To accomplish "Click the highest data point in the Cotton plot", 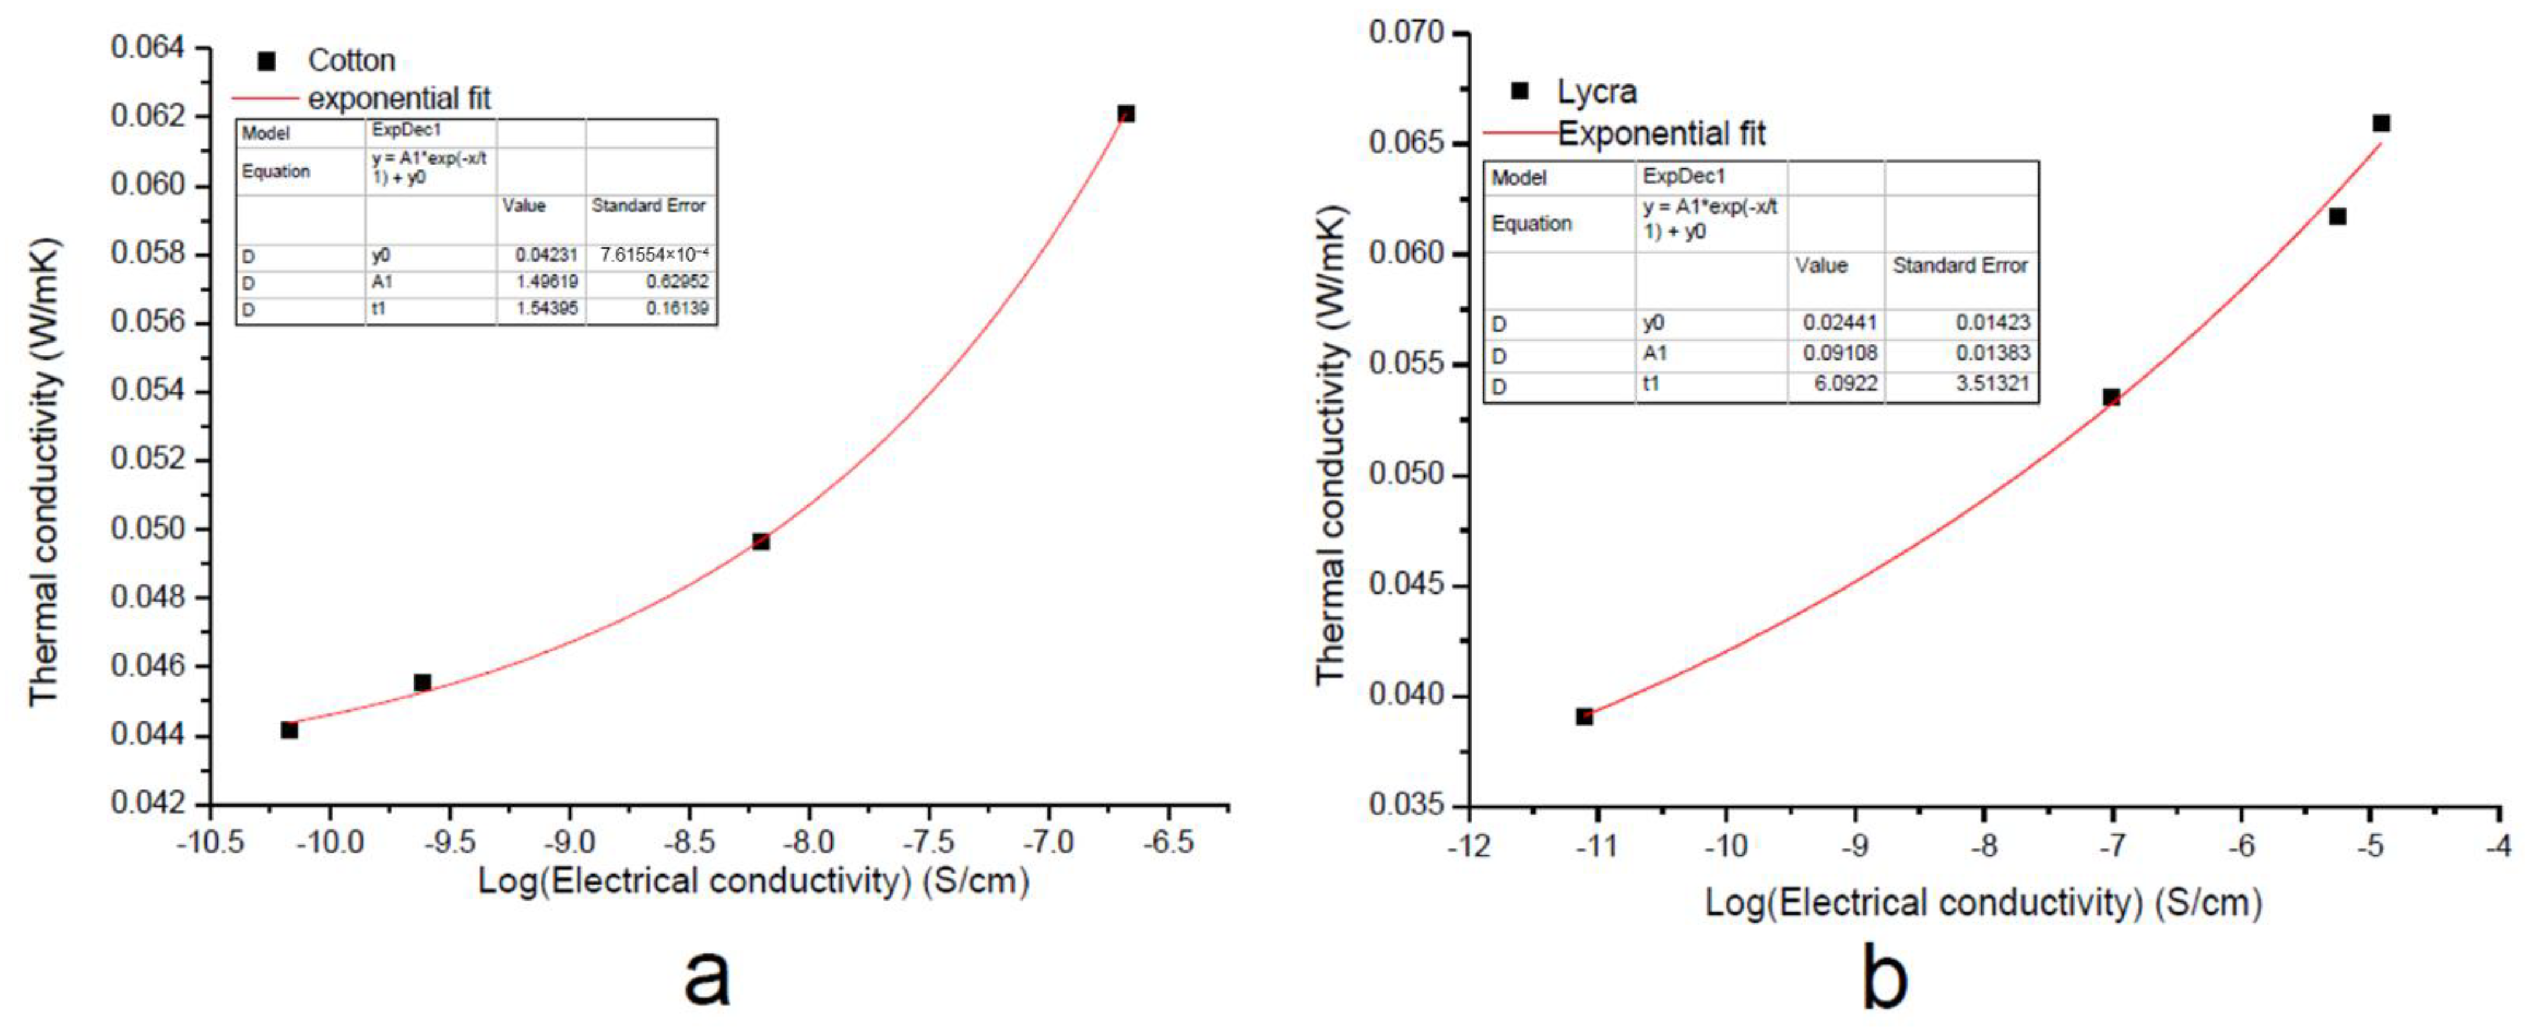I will click(x=1126, y=114).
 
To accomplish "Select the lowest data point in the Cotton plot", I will click(x=290, y=730).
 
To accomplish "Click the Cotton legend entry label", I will click(x=351, y=61).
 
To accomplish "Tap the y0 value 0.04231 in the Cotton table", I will click(x=546, y=255).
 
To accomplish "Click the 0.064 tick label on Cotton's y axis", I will click(x=147, y=47).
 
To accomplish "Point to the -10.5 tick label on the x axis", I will click(x=210, y=842).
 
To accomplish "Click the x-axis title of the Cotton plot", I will click(x=752, y=881).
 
